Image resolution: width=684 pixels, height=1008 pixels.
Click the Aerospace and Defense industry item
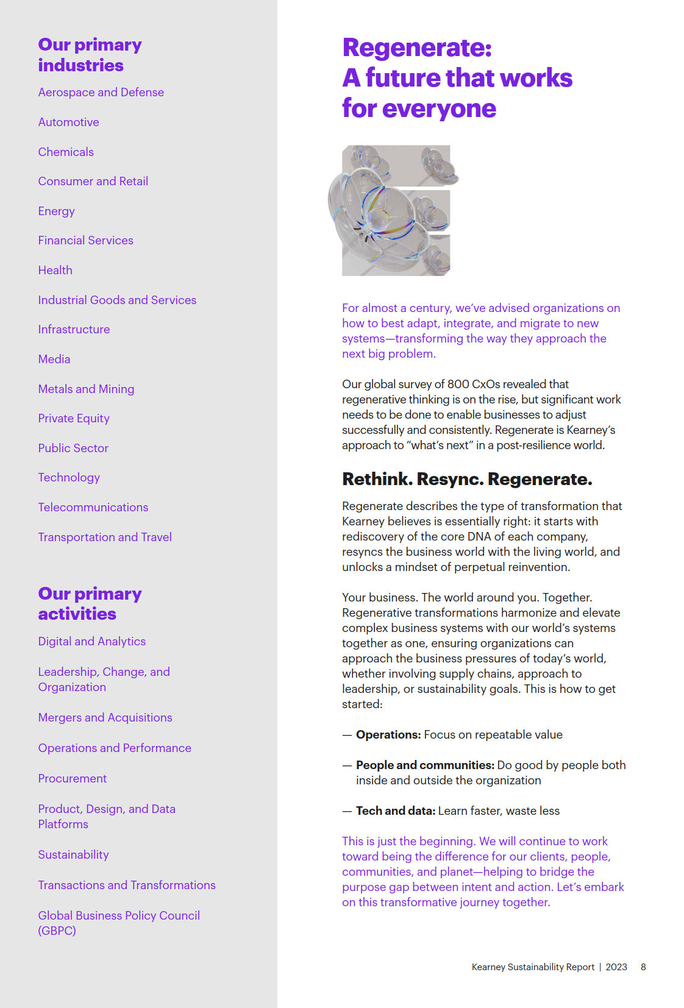tap(101, 92)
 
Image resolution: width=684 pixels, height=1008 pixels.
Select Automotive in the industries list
tap(68, 122)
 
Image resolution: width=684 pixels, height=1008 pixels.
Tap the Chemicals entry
tap(66, 152)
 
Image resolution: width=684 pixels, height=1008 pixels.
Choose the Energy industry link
tap(56, 211)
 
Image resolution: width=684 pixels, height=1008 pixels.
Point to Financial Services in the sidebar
tap(85, 241)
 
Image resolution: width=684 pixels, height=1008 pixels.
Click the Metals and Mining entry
tap(86, 389)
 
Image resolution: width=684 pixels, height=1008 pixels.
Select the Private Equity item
tap(74, 418)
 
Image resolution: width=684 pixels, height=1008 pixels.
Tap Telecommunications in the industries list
tap(93, 507)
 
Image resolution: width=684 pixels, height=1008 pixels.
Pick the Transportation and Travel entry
tap(105, 537)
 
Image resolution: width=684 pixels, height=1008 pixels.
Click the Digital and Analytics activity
tap(91, 641)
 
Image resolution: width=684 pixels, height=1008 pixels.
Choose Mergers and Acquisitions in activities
tap(105, 717)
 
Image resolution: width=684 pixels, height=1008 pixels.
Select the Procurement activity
tap(72, 778)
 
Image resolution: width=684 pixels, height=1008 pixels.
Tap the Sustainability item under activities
tap(73, 854)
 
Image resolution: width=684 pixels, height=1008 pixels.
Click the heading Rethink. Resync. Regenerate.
tap(467, 479)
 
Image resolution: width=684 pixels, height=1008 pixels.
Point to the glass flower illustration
tap(393, 210)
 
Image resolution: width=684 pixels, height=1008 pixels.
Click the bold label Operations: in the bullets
tap(388, 734)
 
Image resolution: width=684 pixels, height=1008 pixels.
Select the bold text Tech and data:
tap(396, 811)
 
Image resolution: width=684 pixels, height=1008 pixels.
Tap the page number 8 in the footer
tap(643, 967)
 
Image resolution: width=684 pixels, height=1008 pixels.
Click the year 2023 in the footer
tap(616, 967)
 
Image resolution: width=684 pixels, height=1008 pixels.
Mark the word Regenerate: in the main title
tap(417, 48)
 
